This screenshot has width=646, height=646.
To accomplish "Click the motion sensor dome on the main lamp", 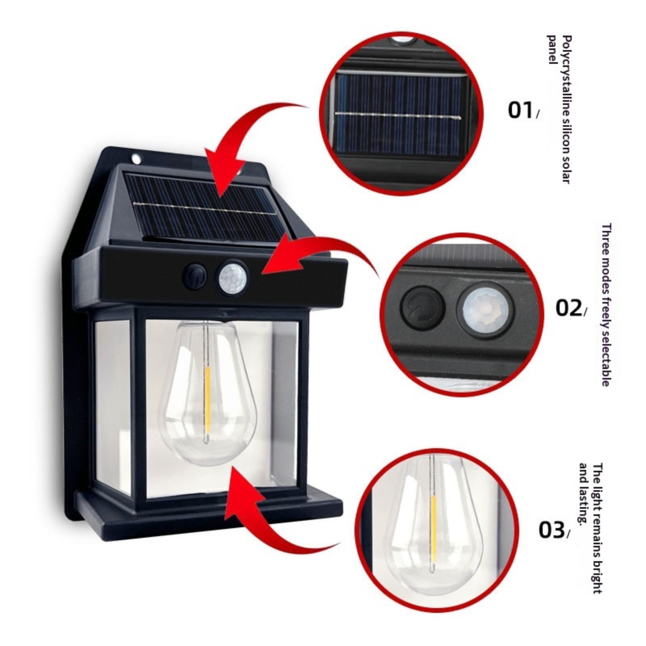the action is [234, 277].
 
